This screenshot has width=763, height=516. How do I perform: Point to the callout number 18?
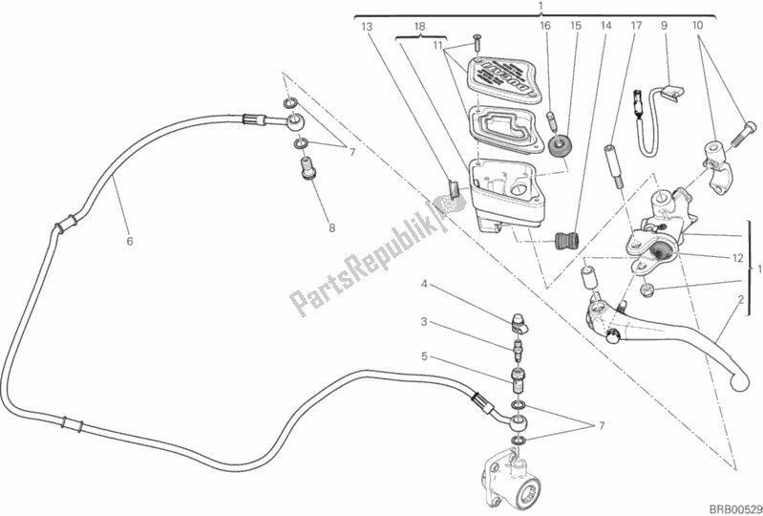406,28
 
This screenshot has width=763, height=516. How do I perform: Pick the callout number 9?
662,28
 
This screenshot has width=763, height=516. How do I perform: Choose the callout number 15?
576,28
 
